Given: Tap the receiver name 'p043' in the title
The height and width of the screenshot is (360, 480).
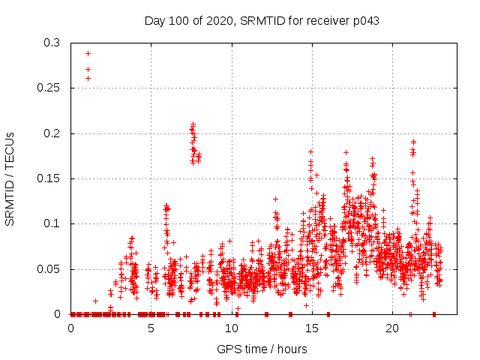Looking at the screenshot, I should coord(366,21).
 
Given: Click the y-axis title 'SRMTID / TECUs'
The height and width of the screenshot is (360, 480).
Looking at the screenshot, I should coord(10,178).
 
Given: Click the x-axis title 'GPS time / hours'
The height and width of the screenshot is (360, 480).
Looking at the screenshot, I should coord(262,349).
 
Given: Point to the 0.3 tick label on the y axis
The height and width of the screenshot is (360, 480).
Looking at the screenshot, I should coord(52,43).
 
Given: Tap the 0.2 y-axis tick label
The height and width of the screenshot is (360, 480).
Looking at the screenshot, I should coord(52,133).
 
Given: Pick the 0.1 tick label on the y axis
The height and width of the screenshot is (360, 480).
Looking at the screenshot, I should coord(52,223).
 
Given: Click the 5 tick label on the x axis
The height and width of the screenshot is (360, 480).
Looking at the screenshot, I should coord(151,328).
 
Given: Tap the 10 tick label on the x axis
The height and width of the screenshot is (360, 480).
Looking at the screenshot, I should coord(231,328).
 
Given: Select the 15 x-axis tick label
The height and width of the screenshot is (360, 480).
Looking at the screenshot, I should coord(311,328).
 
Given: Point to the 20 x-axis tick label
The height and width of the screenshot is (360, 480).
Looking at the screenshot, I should coord(391,328).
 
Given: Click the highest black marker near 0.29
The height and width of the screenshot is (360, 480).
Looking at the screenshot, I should coord(88,53).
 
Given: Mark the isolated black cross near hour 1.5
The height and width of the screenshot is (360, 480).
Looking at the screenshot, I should coord(95,301).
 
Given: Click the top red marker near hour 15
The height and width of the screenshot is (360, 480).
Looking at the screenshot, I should coord(310,151).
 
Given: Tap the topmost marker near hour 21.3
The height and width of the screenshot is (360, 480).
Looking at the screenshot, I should coord(413,141).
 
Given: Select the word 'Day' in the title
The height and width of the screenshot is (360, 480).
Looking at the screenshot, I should coord(154,21).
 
